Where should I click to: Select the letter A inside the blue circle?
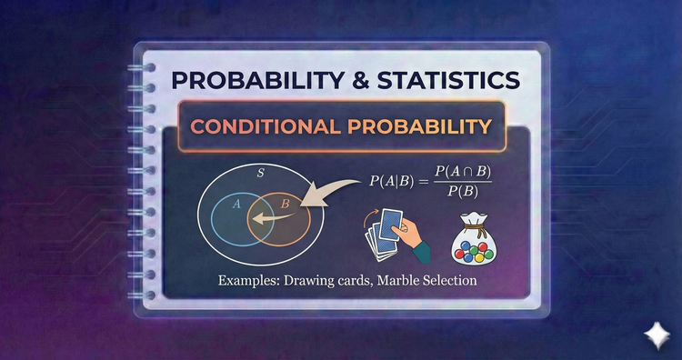click(x=236, y=205)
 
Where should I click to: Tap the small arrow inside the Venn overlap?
click(x=266, y=219)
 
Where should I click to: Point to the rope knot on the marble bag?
click(x=476, y=218)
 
